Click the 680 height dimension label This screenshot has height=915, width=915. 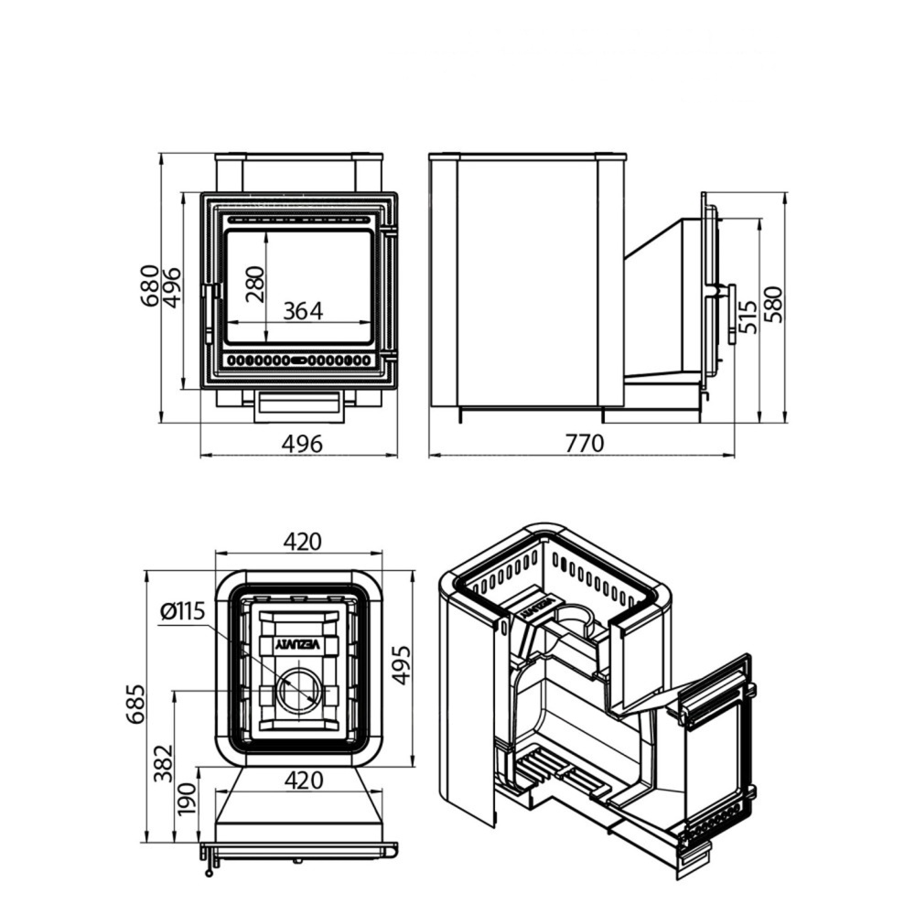pos(149,285)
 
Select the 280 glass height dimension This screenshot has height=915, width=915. pos(255,285)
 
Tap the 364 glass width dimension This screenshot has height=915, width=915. pos(303,311)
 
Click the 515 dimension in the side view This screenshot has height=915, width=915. pos(748,317)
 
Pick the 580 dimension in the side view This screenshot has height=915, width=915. pos(776,305)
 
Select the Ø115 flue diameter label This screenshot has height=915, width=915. pos(183,611)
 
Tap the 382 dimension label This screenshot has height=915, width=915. pos(164,763)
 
